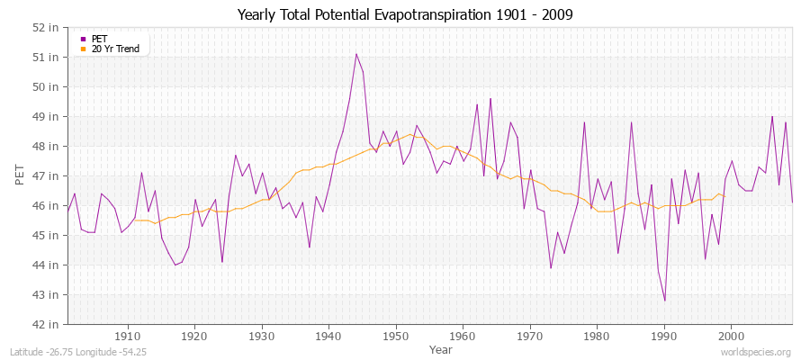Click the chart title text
pos(405,14)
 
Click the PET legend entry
pos(100,39)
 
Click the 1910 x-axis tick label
pos(128,337)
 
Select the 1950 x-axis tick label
pos(395,337)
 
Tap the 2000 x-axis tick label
pos(730,337)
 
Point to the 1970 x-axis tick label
pos(529,337)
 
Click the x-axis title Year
pos(441,348)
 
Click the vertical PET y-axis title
pos(19,175)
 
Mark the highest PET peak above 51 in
pos(355,54)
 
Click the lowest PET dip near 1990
pos(664,301)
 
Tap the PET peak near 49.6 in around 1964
pos(490,99)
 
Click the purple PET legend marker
pos(84,39)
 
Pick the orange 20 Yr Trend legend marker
pos(84,49)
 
